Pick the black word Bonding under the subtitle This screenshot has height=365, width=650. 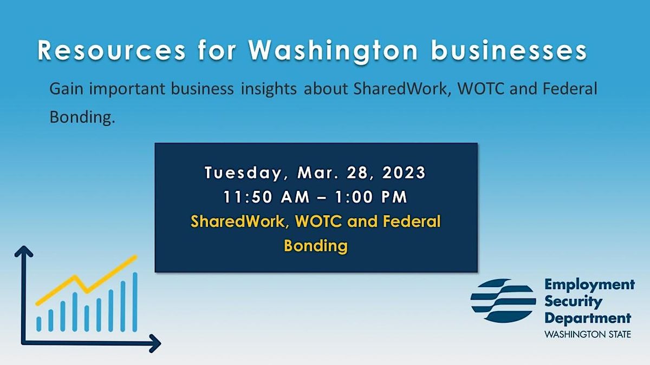82,117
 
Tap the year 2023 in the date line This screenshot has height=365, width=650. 402,174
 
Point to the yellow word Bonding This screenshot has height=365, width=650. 315,246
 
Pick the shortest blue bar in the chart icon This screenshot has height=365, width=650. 39,323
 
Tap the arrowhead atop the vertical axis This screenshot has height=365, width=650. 23,251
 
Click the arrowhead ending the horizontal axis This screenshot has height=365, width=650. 155,342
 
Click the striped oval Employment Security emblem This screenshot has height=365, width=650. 502,301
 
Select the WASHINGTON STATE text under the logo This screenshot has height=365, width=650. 588,334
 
